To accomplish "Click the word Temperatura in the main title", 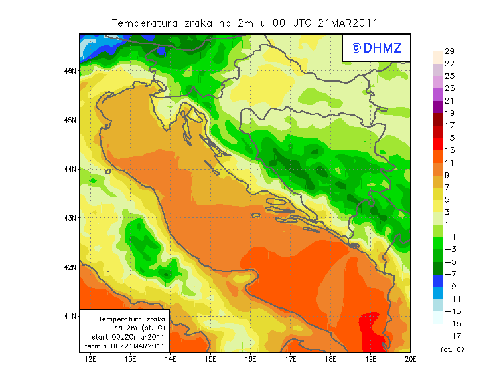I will click(x=143, y=23).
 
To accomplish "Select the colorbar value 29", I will click(x=449, y=51).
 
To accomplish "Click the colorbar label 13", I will click(x=449, y=150).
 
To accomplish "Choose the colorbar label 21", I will click(x=449, y=100).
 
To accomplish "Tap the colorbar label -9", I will click(x=449, y=286).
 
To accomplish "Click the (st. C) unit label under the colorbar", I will click(x=452, y=349).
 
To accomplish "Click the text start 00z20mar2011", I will click(x=127, y=337).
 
